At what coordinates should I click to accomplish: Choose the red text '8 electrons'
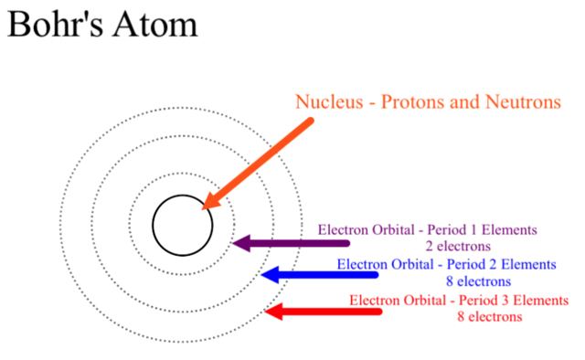click(x=490, y=317)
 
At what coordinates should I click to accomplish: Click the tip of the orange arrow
click(x=206, y=208)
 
